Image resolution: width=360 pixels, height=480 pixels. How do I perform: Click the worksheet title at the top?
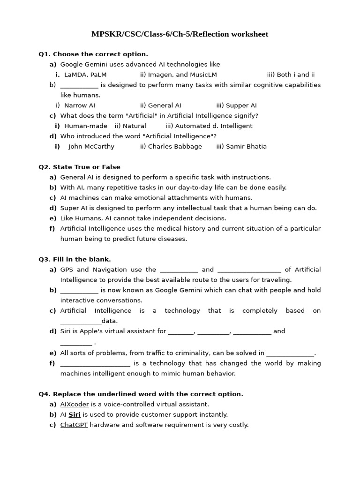pos(180,34)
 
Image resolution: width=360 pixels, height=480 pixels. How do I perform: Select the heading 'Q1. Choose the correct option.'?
pos(93,54)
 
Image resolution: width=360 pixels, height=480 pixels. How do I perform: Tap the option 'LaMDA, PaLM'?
pos(85,75)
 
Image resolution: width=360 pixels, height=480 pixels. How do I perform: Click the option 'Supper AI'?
pos(241,105)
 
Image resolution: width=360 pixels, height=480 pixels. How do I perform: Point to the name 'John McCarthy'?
pos(91,147)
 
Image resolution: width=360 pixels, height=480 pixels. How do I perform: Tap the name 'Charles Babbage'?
pos(175,147)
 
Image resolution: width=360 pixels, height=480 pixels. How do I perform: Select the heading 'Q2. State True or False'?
pos(79,167)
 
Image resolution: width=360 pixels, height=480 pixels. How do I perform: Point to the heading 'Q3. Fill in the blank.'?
pos(75,259)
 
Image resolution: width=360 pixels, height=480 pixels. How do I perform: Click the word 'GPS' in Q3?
pos(67,270)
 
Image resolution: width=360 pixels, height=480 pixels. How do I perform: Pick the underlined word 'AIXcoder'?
pos(75,405)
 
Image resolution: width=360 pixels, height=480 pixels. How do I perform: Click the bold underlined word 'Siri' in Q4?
pos(75,415)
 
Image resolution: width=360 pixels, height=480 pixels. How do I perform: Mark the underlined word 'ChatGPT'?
pos(74,425)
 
